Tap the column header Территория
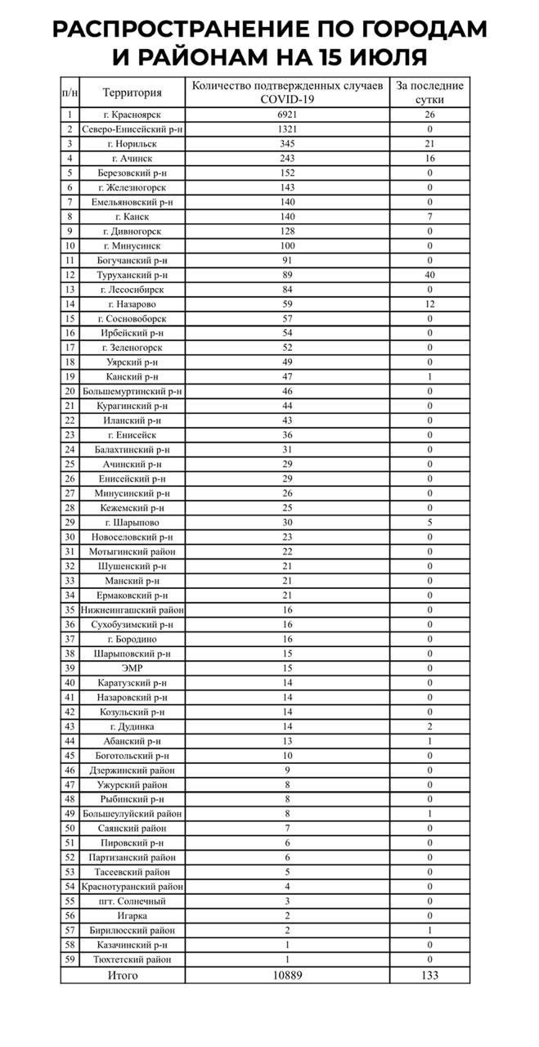pos(133,92)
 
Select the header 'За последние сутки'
pos(429,92)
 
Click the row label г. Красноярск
pos(133,115)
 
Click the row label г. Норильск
pos(133,144)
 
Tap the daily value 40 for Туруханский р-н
pos(429,275)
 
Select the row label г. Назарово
pos(133,304)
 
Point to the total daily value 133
pos(429,975)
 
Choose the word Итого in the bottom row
pos(123,975)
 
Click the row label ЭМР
pos(133,668)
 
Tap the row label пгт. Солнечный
pos(133,901)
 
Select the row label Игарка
pos(133,916)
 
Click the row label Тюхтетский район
pos(133,959)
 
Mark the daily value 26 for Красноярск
pos(429,115)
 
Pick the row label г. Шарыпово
pos(133,523)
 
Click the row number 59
pos(70,959)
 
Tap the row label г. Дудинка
pos(133,726)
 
